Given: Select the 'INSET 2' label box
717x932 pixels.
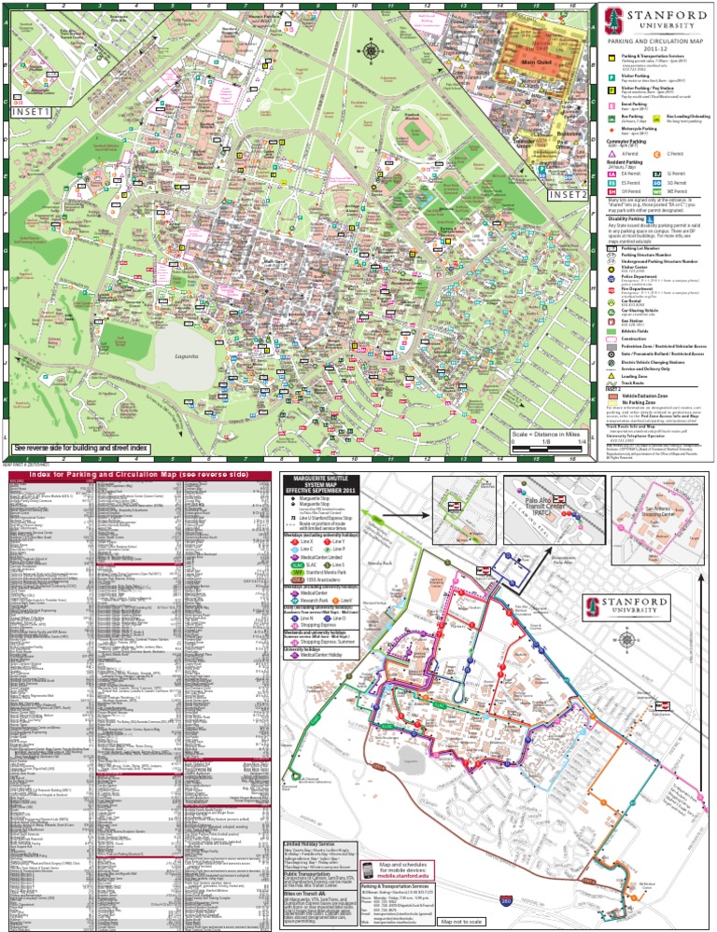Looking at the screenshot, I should pos(568,195).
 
